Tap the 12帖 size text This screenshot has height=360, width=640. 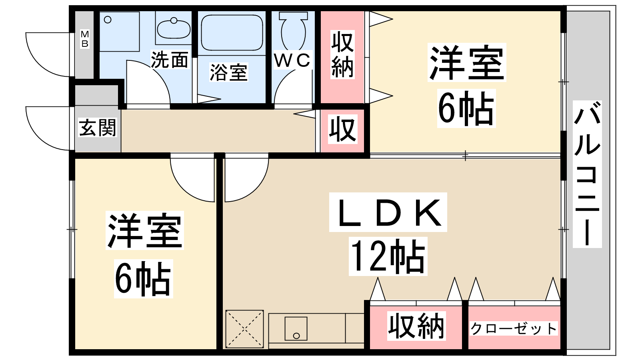click(388, 256)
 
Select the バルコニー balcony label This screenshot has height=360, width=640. click(587, 174)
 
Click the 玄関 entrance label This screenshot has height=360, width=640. click(98, 128)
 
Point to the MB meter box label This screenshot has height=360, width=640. click(85, 39)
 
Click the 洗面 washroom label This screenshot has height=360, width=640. click(170, 60)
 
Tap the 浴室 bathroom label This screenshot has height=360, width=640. click(229, 73)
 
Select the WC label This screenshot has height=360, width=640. click(292, 60)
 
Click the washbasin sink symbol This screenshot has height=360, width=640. click(174, 28)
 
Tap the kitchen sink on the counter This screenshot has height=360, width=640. click(296, 328)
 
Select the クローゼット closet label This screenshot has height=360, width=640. click(514, 329)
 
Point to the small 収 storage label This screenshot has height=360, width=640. click(343, 129)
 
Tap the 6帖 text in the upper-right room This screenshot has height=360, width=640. click(466, 108)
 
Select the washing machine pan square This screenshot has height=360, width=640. click(119, 31)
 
